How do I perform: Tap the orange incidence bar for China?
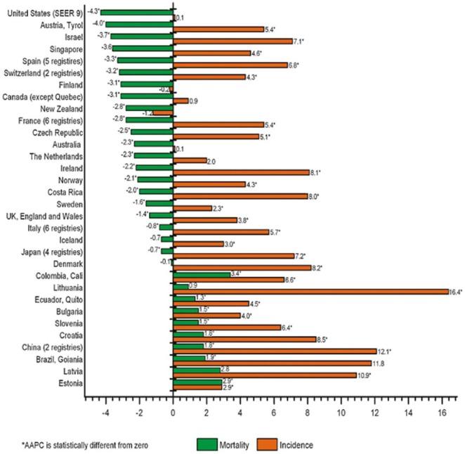point(275,351)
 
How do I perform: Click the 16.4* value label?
point(456,291)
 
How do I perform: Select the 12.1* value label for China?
point(385,351)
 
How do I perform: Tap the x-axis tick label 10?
point(341,414)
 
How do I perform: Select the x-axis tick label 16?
point(443,414)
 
